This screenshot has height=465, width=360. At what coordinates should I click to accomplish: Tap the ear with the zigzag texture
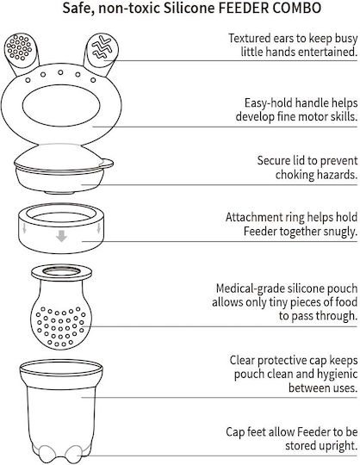101,51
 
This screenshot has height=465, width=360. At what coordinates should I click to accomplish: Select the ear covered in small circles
21,51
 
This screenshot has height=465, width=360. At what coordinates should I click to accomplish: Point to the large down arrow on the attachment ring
61,236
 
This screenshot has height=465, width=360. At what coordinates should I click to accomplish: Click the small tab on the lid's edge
106,163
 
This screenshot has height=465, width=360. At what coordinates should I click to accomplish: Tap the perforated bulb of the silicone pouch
61,325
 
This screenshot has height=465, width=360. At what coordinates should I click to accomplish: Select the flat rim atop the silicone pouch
61,272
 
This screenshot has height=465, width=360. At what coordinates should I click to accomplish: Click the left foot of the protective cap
47,454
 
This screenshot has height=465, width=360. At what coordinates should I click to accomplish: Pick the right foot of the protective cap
73,454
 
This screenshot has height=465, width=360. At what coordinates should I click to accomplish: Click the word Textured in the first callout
250,38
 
